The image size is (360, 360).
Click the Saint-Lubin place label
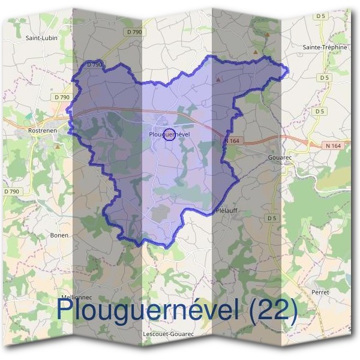40,37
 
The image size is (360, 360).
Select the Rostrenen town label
42,130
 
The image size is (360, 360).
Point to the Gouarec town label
280,158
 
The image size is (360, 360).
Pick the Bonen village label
59,235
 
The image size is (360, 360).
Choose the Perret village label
320,292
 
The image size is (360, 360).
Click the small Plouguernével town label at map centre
169,134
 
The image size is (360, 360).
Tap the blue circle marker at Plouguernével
169,136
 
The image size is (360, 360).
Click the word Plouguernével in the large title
149,310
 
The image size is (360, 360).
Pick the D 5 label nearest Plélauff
273,217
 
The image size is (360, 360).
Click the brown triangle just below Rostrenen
57,145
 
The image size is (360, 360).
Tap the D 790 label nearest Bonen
11,191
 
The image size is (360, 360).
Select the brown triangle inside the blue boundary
218,79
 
